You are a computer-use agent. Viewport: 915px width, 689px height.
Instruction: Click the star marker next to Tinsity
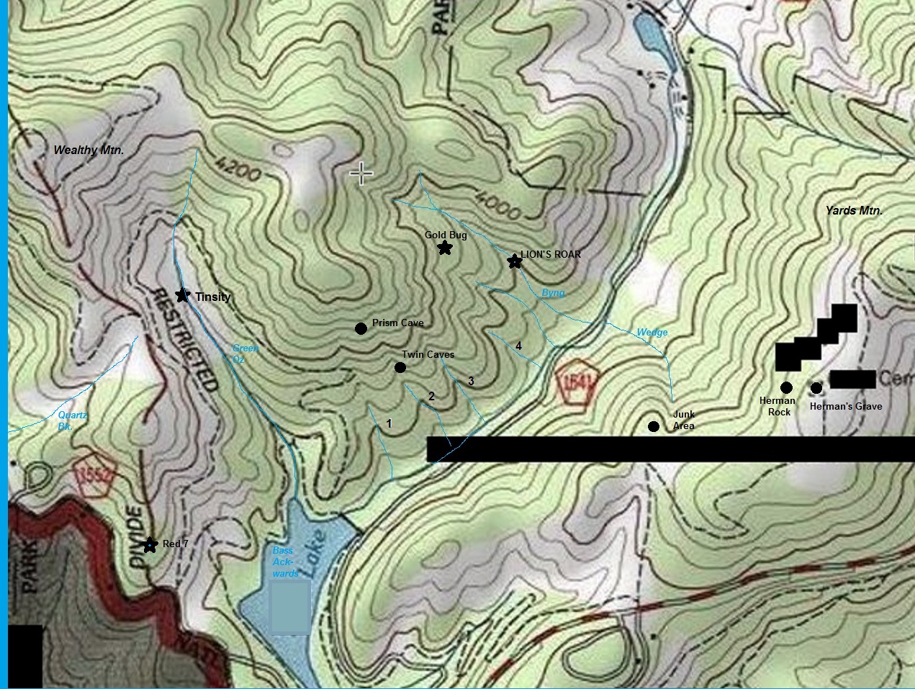click(182, 295)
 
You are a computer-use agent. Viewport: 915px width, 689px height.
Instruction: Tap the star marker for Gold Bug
click(445, 248)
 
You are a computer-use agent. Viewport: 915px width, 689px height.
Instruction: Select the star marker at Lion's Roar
click(515, 261)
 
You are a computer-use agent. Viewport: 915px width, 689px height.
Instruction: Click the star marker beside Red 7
click(150, 545)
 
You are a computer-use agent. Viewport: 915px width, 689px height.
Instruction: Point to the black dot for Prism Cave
click(361, 328)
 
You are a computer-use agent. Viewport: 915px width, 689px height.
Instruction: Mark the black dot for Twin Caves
click(400, 368)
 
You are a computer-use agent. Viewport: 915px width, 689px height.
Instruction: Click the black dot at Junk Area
click(653, 426)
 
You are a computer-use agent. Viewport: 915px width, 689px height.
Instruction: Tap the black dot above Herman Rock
click(786, 387)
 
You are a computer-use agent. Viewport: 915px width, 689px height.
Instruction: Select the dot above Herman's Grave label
click(816, 388)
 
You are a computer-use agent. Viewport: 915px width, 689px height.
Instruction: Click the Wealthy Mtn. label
click(89, 150)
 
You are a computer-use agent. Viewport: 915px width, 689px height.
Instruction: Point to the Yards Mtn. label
click(854, 210)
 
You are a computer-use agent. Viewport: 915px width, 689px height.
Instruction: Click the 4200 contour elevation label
click(236, 171)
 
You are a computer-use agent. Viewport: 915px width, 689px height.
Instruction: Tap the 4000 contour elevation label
click(497, 206)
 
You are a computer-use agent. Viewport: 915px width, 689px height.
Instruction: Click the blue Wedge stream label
click(652, 333)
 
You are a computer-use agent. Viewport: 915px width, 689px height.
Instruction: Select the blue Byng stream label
click(553, 293)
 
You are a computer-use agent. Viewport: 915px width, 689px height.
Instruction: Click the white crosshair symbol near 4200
click(361, 174)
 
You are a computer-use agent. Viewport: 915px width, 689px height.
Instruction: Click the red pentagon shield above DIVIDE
click(91, 476)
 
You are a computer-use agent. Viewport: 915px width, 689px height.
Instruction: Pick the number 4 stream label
click(518, 346)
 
